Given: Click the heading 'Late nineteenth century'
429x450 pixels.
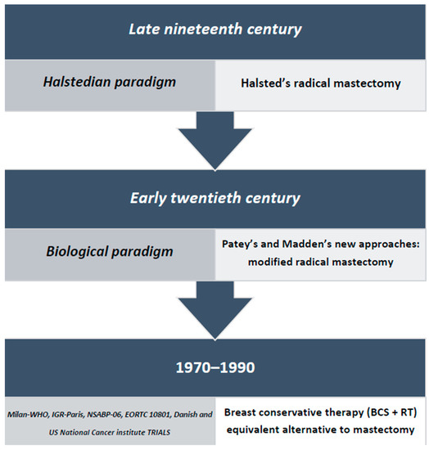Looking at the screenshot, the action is (x=215, y=29).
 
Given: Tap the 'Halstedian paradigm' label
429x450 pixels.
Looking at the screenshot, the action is (x=110, y=82).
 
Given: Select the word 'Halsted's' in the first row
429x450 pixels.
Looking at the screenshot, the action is (x=265, y=83).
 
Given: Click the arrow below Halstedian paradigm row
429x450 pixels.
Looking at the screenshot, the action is (x=214, y=141).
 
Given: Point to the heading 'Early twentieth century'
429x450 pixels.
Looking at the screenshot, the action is (x=215, y=198).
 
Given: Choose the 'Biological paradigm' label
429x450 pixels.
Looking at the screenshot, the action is (x=110, y=251).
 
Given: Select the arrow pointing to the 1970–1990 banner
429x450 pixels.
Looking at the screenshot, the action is (x=214, y=311).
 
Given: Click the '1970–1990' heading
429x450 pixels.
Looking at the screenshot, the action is (x=215, y=367).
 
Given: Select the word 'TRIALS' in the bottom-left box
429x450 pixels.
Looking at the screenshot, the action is (x=159, y=432).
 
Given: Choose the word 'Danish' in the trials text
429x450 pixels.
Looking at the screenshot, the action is (x=187, y=415).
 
